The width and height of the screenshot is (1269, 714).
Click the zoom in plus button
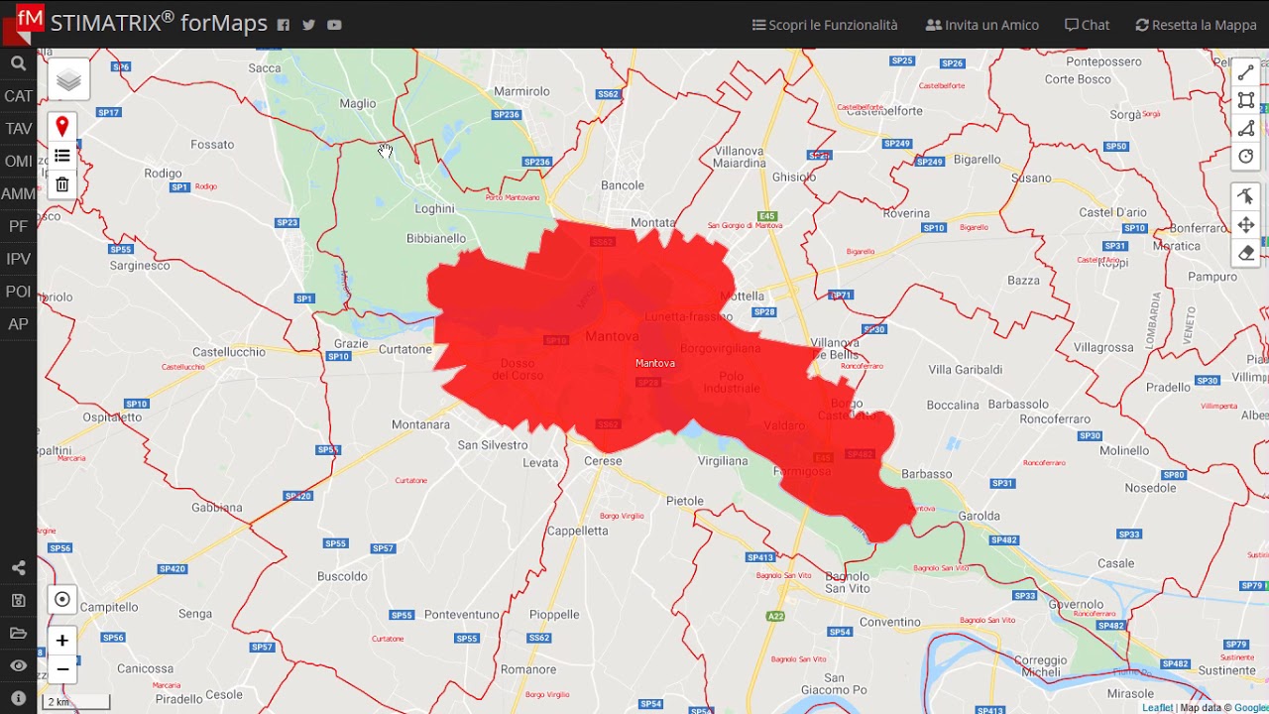61,641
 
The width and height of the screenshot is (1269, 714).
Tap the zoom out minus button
61,669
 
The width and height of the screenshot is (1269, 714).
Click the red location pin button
61,127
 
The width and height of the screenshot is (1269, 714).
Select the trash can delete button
61,184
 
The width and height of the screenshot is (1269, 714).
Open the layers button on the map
68,80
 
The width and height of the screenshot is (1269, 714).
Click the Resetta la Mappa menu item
1196,25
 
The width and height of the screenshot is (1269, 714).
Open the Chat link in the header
1087,25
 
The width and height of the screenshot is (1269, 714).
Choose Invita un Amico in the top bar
981,25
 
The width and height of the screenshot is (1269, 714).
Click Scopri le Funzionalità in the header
825,25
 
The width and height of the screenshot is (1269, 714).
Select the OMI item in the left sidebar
18,162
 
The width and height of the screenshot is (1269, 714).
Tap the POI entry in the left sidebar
18,292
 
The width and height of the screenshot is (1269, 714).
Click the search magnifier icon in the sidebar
18,64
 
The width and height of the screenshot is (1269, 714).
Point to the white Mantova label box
654,363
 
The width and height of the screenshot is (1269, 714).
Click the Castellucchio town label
229,352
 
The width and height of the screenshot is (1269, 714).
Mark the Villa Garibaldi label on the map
965,370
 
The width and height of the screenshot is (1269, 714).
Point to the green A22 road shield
774,617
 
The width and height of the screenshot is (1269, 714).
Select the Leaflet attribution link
1157,708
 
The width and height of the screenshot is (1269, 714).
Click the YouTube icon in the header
334,25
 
